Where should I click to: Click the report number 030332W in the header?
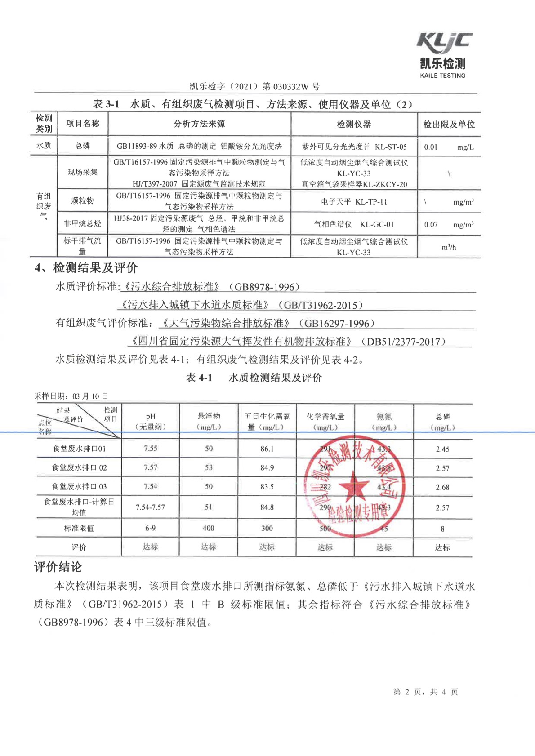(x=290, y=86)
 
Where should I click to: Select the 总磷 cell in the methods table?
(x=82, y=146)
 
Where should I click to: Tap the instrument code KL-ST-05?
(x=391, y=147)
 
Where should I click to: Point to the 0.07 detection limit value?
(x=431, y=225)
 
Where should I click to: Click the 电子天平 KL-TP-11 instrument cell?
(x=354, y=202)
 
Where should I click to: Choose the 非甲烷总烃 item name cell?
(x=82, y=223)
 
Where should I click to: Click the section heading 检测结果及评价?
(x=95, y=268)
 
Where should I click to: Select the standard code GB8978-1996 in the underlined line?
(x=264, y=287)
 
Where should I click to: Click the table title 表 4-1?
(x=199, y=378)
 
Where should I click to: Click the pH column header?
(x=151, y=421)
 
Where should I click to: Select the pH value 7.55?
(x=151, y=449)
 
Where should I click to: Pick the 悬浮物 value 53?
(x=209, y=467)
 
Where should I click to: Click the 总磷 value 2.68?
(x=442, y=487)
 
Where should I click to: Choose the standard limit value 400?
(x=209, y=528)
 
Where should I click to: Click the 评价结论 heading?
(x=58, y=567)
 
